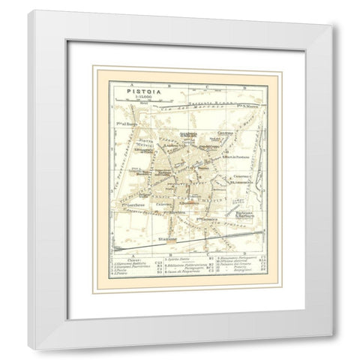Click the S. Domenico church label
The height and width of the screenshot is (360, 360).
[191, 200]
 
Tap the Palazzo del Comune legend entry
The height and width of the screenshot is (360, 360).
[230, 275]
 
